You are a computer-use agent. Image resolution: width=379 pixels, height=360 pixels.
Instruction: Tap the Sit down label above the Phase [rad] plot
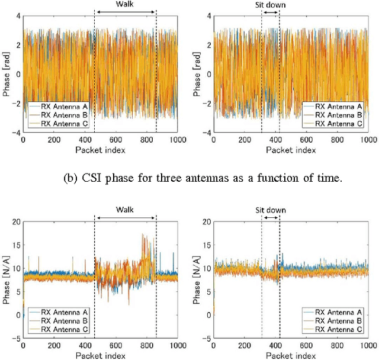point(270,4)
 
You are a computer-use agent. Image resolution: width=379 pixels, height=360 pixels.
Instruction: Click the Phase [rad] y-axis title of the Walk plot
point(5,74)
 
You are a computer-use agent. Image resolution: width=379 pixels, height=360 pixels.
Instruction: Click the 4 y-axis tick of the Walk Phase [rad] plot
point(17,15)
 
